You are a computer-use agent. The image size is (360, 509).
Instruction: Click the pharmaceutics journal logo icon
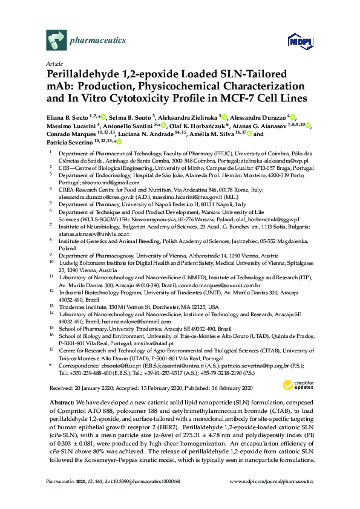pyautogui.click(x=56, y=41)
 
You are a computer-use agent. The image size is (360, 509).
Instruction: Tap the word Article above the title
pyautogui.click(x=54, y=63)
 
